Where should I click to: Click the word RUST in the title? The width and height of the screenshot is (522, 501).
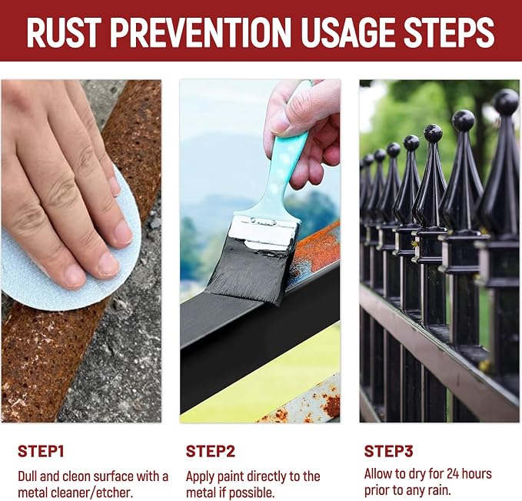pos(64,32)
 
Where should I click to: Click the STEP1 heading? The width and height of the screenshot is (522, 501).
pos(41,452)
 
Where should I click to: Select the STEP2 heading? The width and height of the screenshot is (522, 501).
pos(211,452)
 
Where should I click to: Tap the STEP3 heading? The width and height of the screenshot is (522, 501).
pos(388,451)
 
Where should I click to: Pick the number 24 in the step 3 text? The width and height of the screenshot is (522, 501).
pos(454,473)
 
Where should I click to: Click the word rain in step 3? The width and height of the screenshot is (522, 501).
pos(440,490)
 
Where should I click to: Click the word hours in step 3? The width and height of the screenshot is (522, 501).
pos(477,473)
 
